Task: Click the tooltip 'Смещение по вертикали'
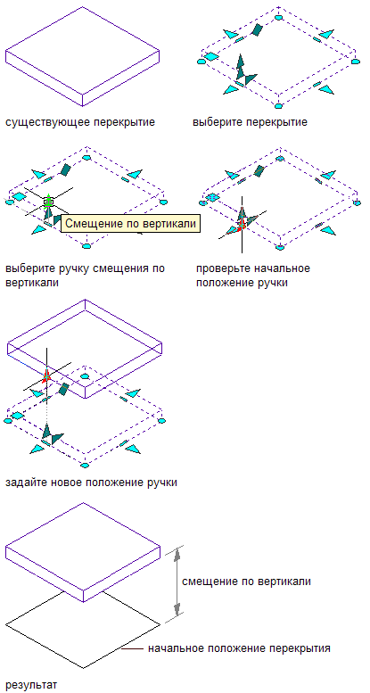(x=130, y=223)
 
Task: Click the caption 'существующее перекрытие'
(x=80, y=122)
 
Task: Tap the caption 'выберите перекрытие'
(x=251, y=122)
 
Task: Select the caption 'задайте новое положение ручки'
(x=92, y=483)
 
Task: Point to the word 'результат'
(x=31, y=685)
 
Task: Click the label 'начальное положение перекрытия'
(x=239, y=648)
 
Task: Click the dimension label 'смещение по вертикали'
(x=246, y=582)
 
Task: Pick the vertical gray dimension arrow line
(x=177, y=582)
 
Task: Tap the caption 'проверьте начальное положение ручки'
(x=253, y=276)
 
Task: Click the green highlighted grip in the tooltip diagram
(x=48, y=202)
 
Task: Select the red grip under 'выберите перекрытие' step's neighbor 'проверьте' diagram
(x=242, y=226)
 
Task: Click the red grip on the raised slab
(x=46, y=375)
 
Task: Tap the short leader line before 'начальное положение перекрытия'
(x=133, y=649)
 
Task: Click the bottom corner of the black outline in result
(x=83, y=667)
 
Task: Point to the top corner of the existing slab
(x=83, y=7)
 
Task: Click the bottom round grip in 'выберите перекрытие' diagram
(x=277, y=105)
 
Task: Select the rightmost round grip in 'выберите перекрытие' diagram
(x=356, y=62)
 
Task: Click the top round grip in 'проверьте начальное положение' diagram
(x=280, y=158)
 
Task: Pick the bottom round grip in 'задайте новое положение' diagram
(x=85, y=465)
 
